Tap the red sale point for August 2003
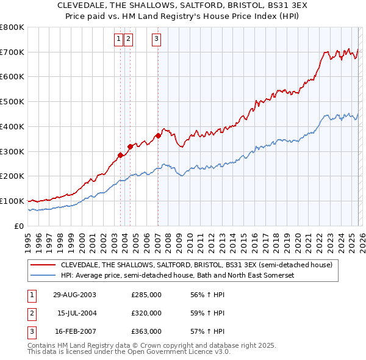point(121,155)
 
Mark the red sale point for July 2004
point(130,146)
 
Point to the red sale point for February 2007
point(158,135)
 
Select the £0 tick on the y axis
point(20,226)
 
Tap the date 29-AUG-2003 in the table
point(74,295)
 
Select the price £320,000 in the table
point(146,313)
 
